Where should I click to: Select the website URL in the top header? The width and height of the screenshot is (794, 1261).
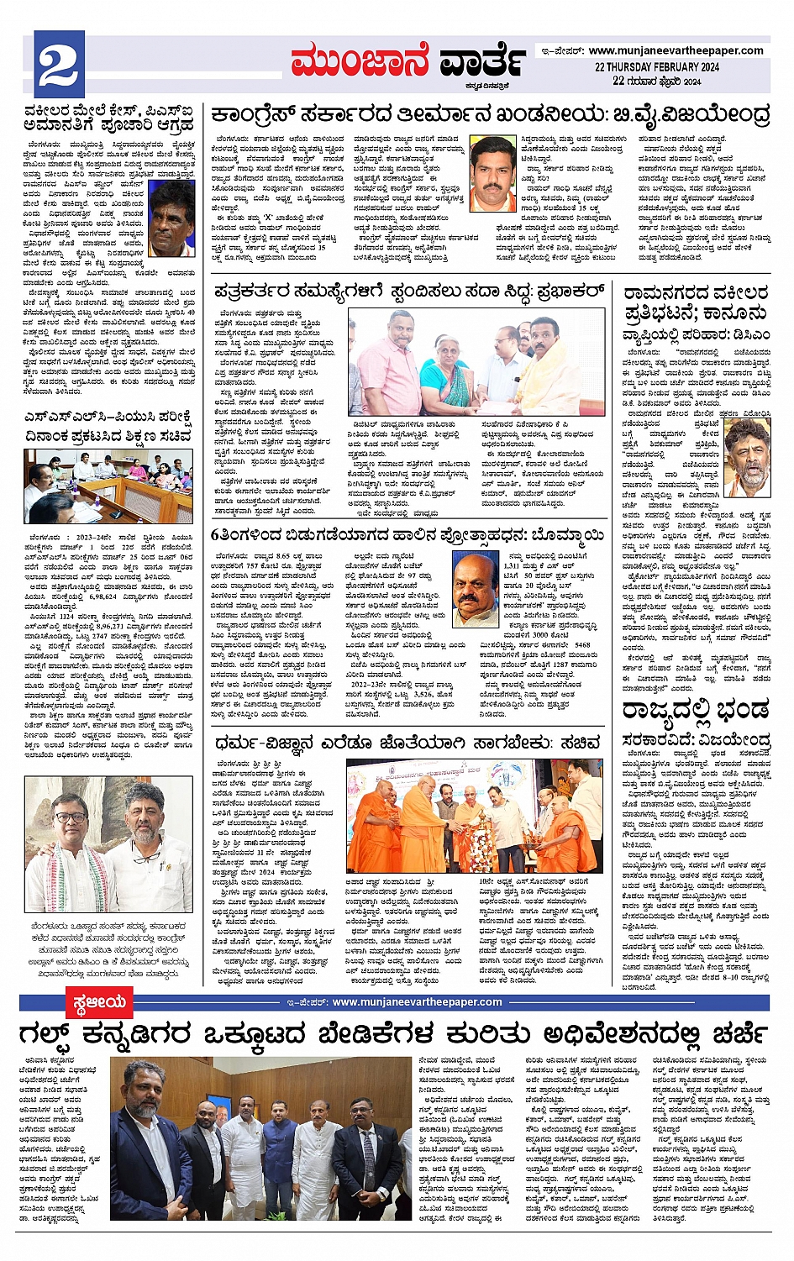tap(676, 50)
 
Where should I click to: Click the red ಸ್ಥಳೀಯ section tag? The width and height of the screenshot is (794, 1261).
tap(99, 1001)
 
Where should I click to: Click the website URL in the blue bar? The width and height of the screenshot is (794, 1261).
tap(417, 1001)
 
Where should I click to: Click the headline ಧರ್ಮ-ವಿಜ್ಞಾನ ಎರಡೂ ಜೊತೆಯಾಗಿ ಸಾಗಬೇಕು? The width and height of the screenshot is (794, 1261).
tap(408, 743)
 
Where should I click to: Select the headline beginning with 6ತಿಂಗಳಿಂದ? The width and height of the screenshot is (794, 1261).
tap(408, 535)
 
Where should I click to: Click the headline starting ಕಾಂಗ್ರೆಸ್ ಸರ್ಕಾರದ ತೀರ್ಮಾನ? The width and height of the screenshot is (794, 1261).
tap(490, 114)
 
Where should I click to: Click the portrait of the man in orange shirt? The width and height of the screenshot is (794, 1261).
tap(492, 173)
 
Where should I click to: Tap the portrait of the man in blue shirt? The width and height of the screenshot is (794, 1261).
tap(171, 218)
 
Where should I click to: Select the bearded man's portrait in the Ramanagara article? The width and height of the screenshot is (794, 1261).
tap(747, 456)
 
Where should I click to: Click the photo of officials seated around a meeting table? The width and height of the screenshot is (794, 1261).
tap(108, 486)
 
